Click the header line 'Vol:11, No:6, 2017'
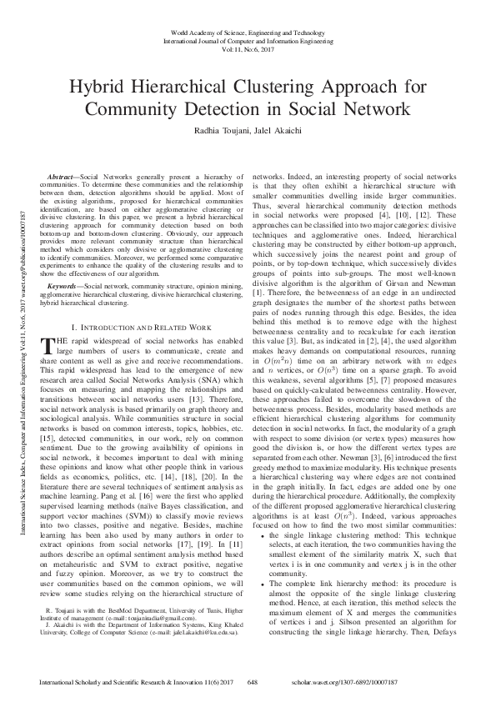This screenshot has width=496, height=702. click(248, 48)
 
